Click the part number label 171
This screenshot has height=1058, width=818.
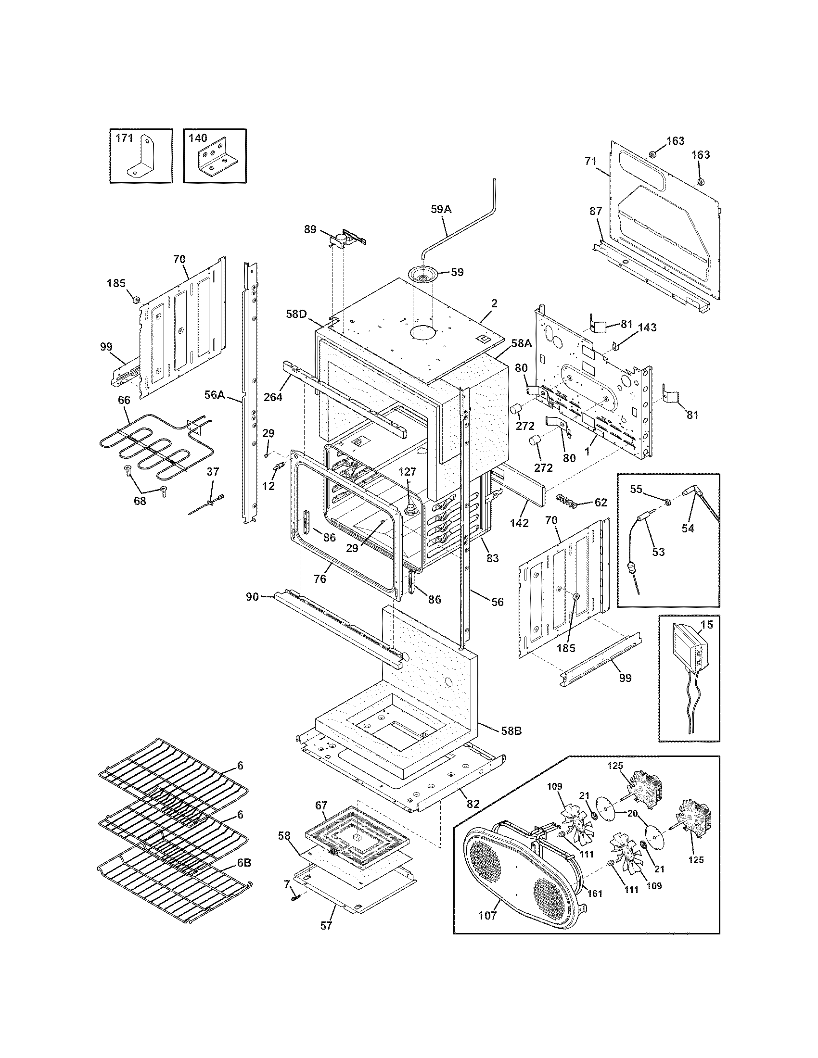[x=124, y=139]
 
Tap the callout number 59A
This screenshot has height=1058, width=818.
[x=440, y=209]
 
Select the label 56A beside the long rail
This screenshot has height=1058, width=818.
[x=214, y=395]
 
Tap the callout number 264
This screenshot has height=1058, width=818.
[x=273, y=397]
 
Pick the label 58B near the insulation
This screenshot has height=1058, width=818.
[x=511, y=744]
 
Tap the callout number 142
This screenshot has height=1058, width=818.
[x=519, y=524]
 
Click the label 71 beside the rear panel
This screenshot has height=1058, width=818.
[x=590, y=161]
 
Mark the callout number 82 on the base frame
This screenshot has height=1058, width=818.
[x=473, y=804]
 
